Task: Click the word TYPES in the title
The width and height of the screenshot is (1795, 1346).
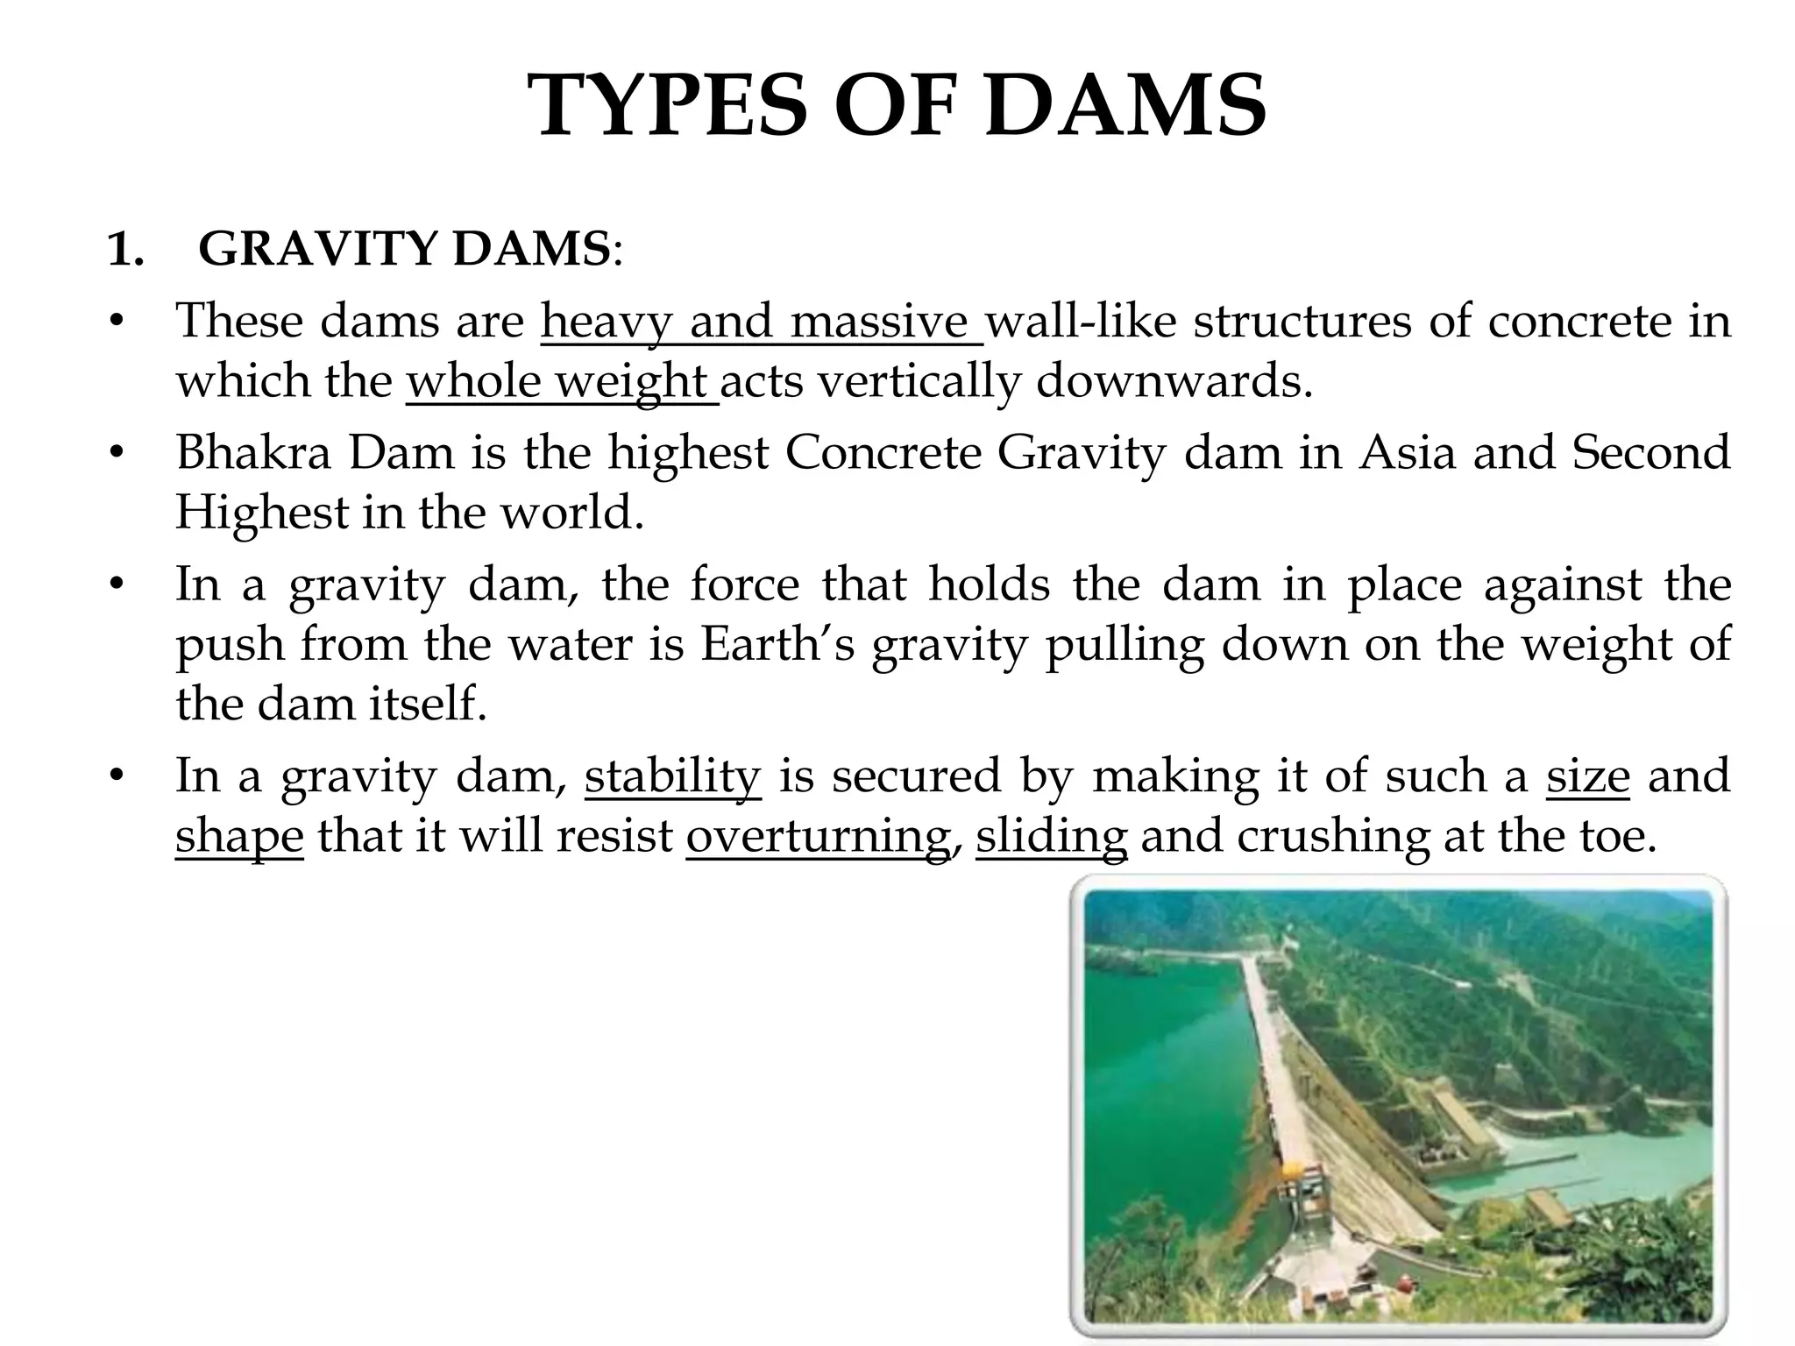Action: point(671,106)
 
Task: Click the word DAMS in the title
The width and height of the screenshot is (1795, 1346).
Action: point(1125,106)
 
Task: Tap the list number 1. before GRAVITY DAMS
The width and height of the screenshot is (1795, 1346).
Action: point(125,251)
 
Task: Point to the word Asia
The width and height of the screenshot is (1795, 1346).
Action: point(1408,453)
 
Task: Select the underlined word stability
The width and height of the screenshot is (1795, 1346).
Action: point(672,776)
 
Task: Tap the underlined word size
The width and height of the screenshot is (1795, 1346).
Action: point(1587,776)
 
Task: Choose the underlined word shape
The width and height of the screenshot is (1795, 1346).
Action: point(239,837)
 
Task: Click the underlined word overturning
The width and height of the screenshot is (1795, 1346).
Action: point(818,837)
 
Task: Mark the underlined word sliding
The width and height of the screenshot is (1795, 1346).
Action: point(1051,837)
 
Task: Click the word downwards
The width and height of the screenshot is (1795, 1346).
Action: point(1174,381)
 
